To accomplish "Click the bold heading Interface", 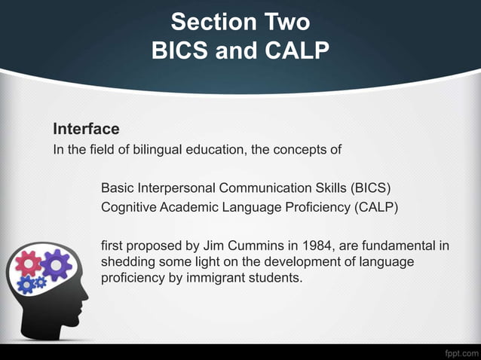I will coord(86,129).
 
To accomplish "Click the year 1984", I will coord(306,245).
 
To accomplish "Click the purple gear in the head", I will coord(55,265).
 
